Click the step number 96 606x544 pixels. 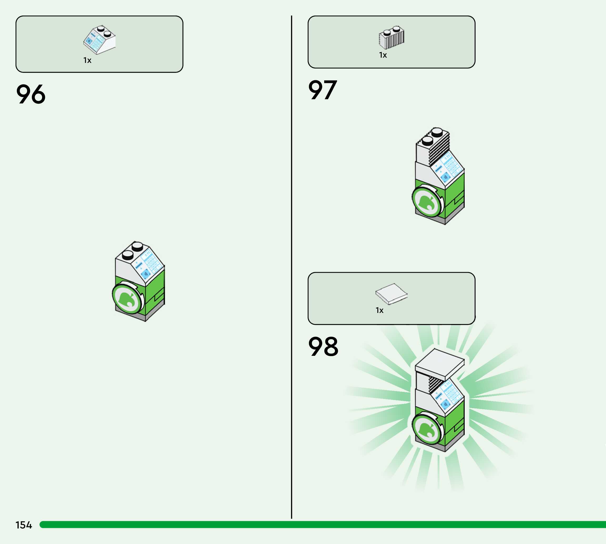[31, 94]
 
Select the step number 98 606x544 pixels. [323, 346]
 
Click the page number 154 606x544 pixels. [24, 525]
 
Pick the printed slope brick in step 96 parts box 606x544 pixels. [99, 40]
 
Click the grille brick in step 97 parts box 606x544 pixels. [392, 38]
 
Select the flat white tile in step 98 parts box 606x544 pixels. [391, 293]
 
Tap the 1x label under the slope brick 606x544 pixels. [87, 60]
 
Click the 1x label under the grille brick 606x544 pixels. [383, 55]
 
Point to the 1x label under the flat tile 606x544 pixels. [379, 310]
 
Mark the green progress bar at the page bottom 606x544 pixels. [323, 524]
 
